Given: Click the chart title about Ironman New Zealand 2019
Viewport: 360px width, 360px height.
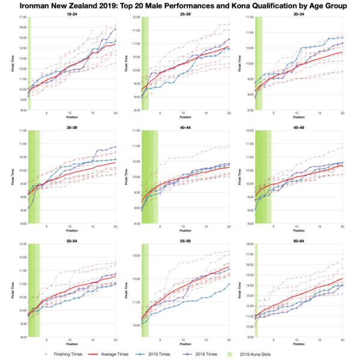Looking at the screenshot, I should coord(180,6).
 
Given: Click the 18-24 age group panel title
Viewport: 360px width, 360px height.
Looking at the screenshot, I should coord(71,14).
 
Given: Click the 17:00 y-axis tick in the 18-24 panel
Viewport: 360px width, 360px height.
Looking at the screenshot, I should coord(22,17).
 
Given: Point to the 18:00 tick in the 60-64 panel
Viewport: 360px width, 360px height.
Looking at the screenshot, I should coord(248,244).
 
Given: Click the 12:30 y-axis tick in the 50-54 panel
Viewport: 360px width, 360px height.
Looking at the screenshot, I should coord(22,244).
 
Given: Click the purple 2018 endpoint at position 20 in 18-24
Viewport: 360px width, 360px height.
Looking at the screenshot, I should coord(115,29).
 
